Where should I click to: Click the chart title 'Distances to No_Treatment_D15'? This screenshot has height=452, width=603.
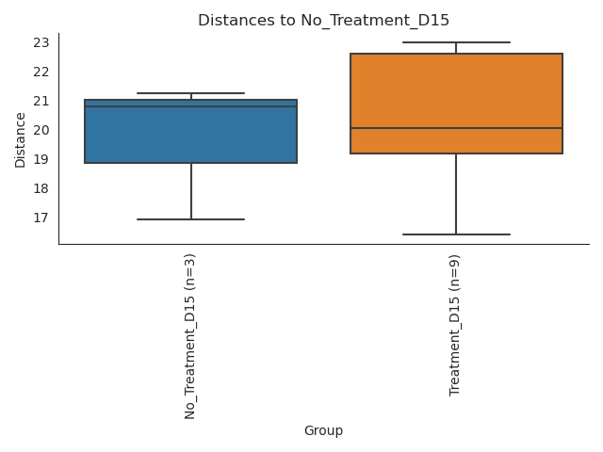click(x=323, y=20)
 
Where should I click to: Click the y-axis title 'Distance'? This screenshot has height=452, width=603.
click(x=21, y=138)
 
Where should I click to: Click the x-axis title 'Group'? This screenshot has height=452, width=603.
click(x=323, y=430)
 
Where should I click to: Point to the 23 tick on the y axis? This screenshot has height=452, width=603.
click(x=41, y=42)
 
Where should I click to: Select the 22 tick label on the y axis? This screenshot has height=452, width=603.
click(x=41, y=72)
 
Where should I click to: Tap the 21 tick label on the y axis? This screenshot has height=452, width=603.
click(x=41, y=101)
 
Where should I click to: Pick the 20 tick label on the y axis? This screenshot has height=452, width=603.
click(x=41, y=130)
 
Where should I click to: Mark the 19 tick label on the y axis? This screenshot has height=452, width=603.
click(x=41, y=159)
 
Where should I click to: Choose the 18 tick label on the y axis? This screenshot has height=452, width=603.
click(x=41, y=188)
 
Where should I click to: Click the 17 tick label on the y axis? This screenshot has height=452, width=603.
click(x=41, y=218)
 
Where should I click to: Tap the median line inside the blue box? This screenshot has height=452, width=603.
click(x=190, y=106)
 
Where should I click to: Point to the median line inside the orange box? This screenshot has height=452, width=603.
click(x=456, y=128)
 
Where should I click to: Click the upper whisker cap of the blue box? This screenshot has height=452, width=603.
click(x=190, y=93)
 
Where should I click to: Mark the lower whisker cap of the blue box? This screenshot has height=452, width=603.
click(x=190, y=219)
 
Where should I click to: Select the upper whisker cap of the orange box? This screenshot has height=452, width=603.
click(x=456, y=42)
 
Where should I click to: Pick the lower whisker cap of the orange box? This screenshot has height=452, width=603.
click(x=456, y=234)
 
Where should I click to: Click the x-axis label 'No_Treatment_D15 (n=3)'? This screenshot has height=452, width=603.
click(x=190, y=335)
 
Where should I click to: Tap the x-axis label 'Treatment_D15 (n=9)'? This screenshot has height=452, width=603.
click(x=456, y=324)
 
